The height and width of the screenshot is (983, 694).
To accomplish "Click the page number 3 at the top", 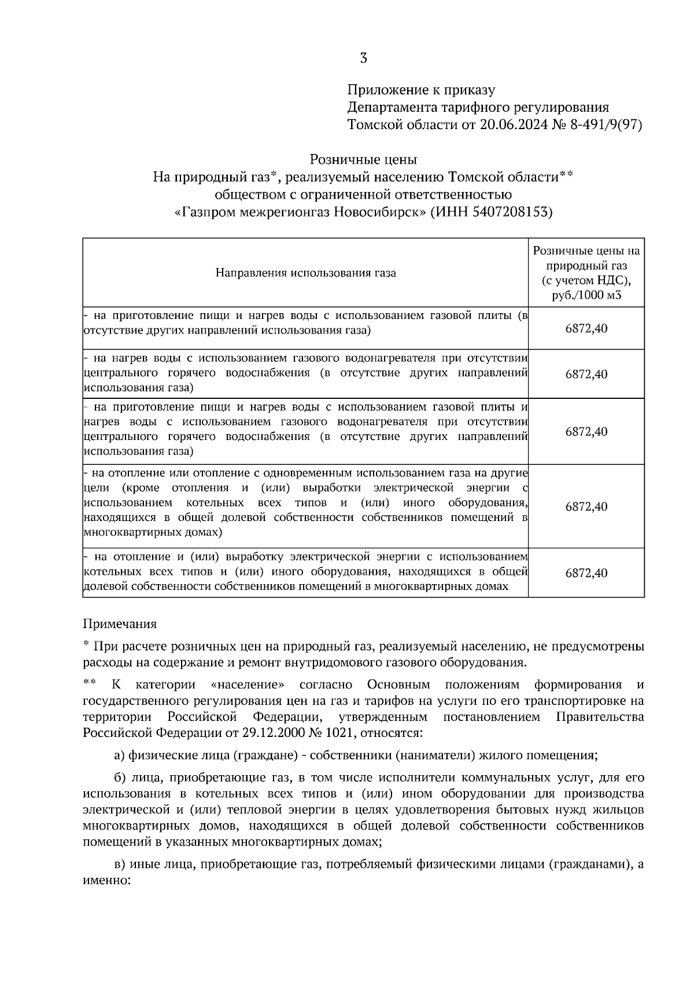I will pos(363,58).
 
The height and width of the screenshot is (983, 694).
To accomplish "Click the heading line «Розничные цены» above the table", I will pos(363,159).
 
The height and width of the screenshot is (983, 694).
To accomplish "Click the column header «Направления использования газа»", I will pos(305,273).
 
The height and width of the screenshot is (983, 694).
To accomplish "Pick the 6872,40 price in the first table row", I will pos(586,329).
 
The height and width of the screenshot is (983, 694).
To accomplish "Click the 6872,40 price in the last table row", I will pos(586,573).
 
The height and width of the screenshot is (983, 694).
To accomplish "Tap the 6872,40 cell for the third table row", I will pos(586,432).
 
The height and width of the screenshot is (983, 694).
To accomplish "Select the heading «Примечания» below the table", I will pos(120,624).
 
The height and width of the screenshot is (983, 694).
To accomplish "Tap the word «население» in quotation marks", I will pos(248,685).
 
